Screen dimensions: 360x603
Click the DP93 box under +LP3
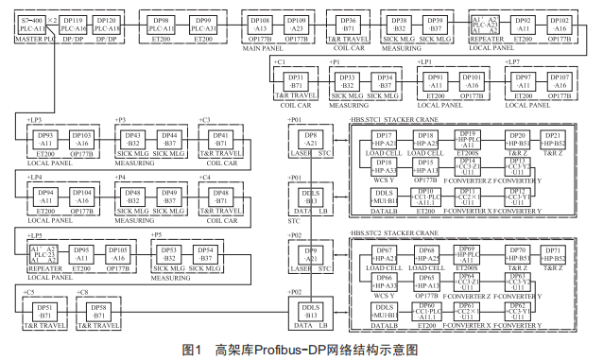tap(44, 139)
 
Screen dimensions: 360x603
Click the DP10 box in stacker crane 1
tap(426, 196)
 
